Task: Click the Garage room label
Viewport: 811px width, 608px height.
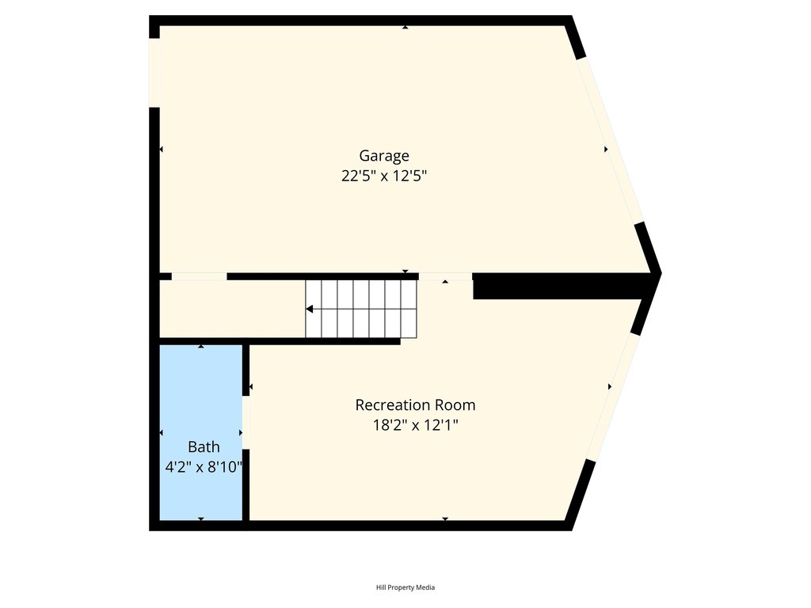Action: pos(384,156)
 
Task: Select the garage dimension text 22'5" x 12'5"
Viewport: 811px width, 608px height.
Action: pos(384,177)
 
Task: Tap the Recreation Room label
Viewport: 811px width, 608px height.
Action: pos(415,405)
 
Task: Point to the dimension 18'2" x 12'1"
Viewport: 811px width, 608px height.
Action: pos(415,426)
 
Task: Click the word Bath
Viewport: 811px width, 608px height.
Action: pos(204,447)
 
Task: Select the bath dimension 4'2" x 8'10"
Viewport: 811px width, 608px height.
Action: pos(203,467)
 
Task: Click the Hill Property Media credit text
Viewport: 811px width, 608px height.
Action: pos(405,587)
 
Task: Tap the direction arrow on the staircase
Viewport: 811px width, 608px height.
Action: pos(310,309)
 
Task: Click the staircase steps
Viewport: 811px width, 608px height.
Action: pos(361,309)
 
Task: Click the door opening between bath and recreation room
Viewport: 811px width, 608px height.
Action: pos(246,422)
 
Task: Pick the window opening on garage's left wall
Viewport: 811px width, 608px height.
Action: pos(154,72)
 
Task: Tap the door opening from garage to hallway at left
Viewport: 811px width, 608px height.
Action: pos(199,276)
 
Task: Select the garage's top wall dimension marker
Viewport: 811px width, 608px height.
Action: pos(405,28)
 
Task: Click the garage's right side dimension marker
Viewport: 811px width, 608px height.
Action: pos(606,149)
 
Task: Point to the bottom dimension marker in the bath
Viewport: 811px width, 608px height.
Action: pos(201,519)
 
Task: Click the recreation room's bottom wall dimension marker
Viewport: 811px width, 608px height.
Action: pos(445,519)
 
